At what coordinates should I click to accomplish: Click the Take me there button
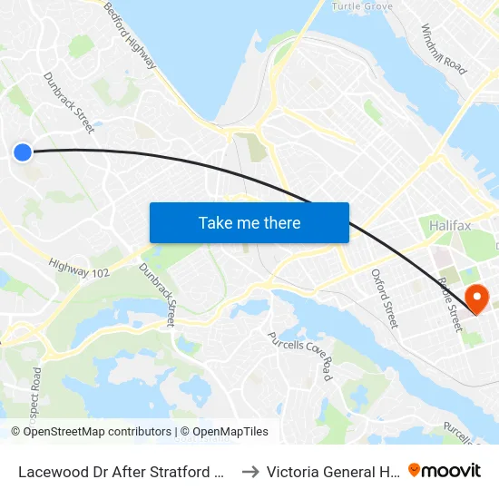pyautogui.click(x=249, y=222)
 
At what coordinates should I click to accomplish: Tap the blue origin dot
pyautogui.click(x=23, y=152)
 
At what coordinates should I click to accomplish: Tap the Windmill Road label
pyautogui.click(x=444, y=50)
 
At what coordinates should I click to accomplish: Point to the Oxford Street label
pyautogui.click(x=384, y=298)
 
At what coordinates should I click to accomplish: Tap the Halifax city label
pyautogui.click(x=450, y=223)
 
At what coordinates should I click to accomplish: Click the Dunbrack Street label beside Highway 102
pyautogui.click(x=158, y=294)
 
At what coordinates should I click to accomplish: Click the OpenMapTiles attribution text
pyautogui.click(x=230, y=432)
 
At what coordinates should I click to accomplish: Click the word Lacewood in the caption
pyautogui.click(x=50, y=471)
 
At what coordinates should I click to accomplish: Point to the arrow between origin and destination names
pyautogui.click(x=251, y=471)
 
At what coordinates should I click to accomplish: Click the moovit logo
pyautogui.click(x=445, y=470)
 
